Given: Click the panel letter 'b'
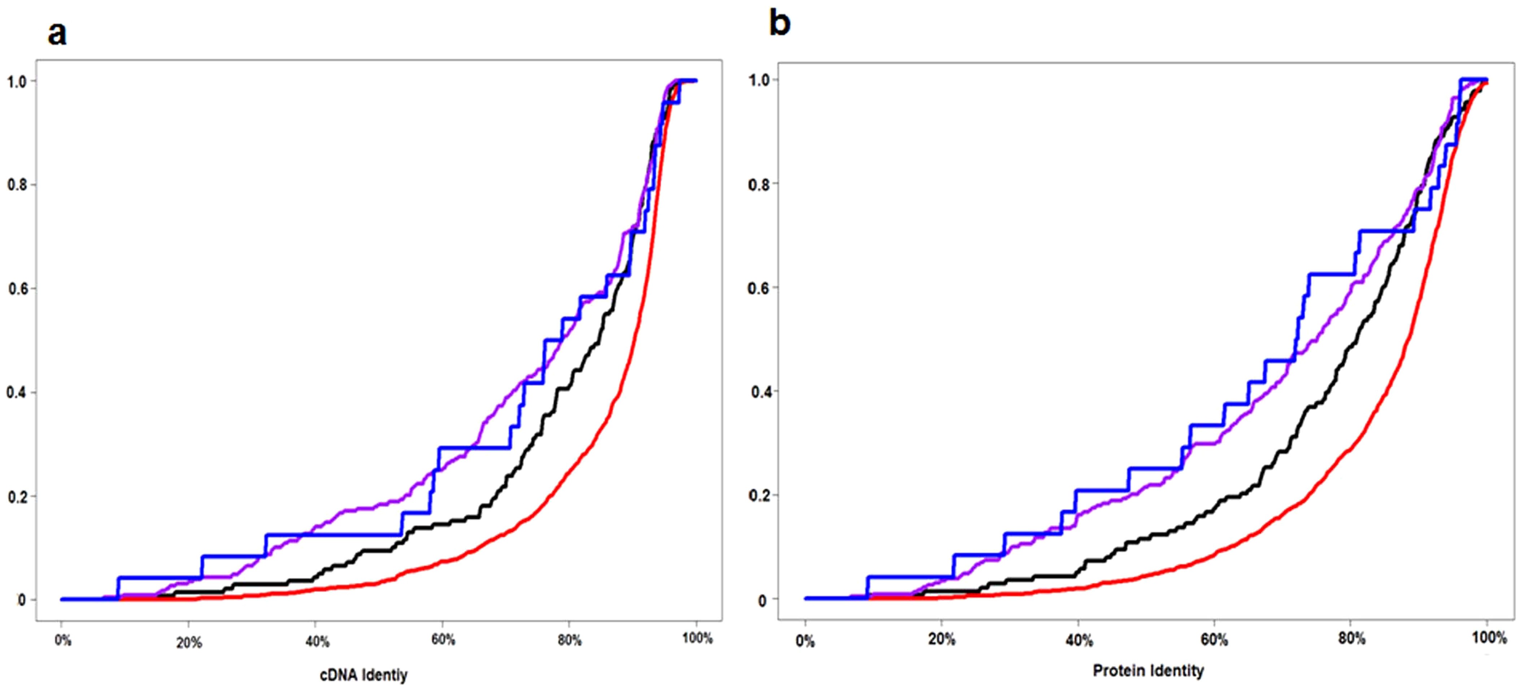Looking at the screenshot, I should [779, 25].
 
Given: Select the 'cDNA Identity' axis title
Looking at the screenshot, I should [364, 675].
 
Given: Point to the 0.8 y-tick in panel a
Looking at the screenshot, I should [17, 185].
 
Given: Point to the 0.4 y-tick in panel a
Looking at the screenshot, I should [17, 392].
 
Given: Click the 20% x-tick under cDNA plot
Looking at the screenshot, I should [189, 643].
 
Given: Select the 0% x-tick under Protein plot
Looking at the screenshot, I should [805, 642].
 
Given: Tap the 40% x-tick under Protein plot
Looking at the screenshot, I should [1079, 641].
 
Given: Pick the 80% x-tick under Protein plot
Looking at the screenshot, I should [1351, 639].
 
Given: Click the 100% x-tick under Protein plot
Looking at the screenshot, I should [1488, 637].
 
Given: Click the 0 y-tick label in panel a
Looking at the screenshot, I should [22, 600].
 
